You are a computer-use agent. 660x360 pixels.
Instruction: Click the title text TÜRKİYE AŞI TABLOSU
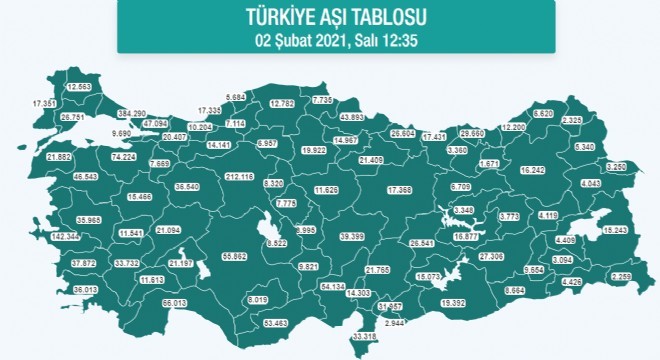coord(329,17)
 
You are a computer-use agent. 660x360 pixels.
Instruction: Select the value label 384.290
coord(132,113)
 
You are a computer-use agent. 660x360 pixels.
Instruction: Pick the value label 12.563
coord(78,87)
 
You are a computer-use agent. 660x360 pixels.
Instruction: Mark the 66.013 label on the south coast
coord(175,302)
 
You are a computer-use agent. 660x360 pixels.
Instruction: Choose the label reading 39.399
coord(351,236)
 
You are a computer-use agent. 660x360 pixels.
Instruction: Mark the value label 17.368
coord(398,190)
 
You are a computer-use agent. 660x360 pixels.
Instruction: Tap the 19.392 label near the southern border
coord(454,301)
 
